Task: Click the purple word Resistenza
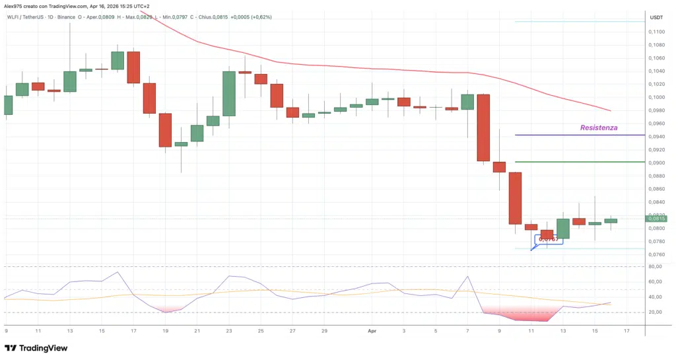[599, 127]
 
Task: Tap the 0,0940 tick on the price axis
[656, 136]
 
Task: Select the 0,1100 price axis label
[656, 31]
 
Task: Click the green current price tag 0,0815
[656, 219]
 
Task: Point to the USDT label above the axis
[656, 17]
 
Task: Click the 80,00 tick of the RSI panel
[655, 266]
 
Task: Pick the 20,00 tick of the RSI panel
[655, 312]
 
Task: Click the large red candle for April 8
[483, 127]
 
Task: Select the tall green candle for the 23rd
[228, 93]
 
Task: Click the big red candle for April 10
[515, 198]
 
